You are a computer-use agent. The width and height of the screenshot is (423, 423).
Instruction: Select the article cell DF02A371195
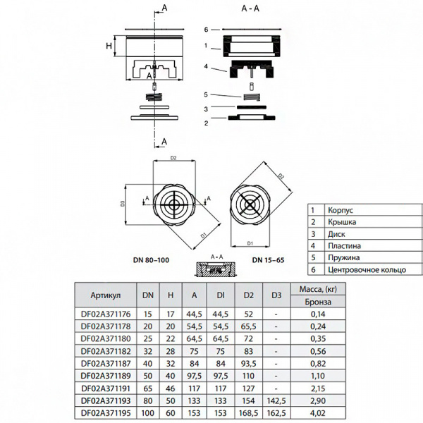[x=106, y=412]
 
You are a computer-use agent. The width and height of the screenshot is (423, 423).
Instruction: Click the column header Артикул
[x=106, y=294]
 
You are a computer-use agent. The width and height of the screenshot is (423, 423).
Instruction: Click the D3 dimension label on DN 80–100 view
[x=123, y=204]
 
